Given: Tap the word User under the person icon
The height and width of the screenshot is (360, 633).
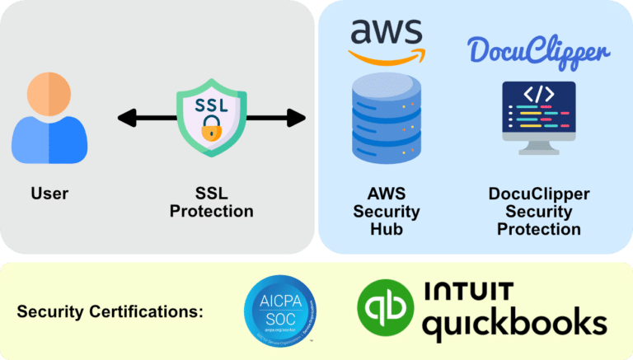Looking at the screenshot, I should pyautogui.click(x=49, y=194).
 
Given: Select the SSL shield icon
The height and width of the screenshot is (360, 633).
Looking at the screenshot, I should pyautogui.click(x=212, y=116).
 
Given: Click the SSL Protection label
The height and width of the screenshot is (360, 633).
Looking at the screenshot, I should pyautogui.click(x=212, y=203).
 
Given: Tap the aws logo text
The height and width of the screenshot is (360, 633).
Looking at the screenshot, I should pyautogui.click(x=387, y=32).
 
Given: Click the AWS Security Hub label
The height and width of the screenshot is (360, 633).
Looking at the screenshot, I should pyautogui.click(x=387, y=212).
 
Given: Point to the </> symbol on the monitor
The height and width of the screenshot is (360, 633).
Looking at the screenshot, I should pyautogui.click(x=539, y=94).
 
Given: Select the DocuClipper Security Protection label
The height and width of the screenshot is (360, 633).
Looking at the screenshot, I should pyautogui.click(x=539, y=212).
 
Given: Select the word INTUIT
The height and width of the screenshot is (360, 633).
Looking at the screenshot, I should pyautogui.click(x=467, y=292).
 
